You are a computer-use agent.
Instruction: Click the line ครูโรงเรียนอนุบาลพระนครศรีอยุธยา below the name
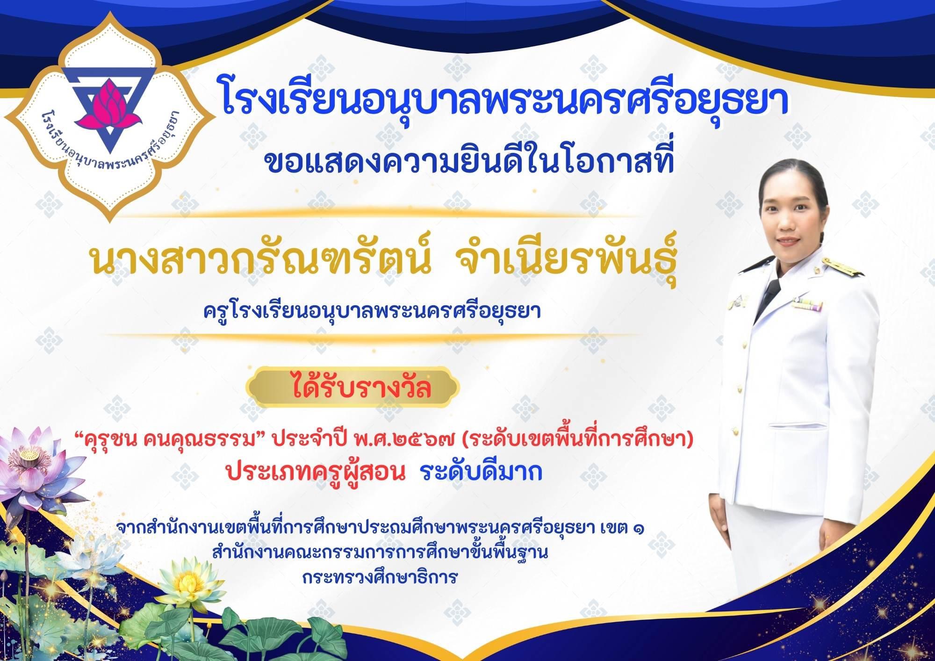(x=372, y=311)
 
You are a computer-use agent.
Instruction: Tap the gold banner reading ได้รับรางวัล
(x=353, y=387)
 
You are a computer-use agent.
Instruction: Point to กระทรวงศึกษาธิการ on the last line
(x=379, y=577)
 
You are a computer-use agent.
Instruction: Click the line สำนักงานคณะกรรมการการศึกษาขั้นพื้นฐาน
(x=380, y=553)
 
